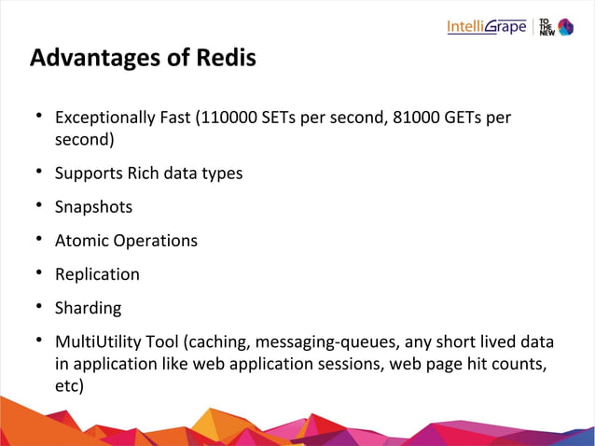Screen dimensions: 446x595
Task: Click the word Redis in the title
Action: [222, 58]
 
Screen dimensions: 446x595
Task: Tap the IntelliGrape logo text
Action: [486, 26]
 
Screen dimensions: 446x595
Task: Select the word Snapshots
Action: [93, 206]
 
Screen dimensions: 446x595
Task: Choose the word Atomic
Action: [82, 240]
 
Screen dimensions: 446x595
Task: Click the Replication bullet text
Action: [97, 273]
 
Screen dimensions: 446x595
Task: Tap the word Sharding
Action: [88, 307]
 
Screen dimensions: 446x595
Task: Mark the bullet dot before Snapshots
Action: [40, 206]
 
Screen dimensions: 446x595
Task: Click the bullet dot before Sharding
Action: [40, 307]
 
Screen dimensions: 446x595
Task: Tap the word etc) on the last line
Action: [70, 385]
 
